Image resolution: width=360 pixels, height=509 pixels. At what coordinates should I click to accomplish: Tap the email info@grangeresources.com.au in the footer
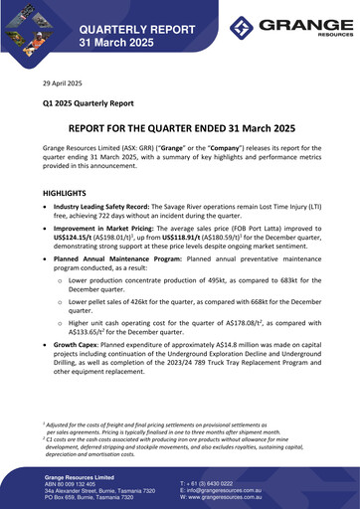click(234, 490)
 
